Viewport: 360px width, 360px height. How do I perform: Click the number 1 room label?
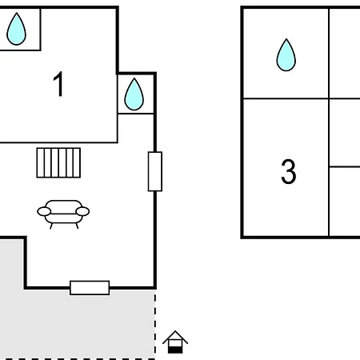(58, 84)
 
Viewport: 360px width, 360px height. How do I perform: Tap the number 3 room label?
(289, 171)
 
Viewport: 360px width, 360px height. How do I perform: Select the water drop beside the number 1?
(134, 94)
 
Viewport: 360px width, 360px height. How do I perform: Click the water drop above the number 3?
(286, 55)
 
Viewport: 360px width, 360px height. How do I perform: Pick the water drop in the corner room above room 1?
(16, 29)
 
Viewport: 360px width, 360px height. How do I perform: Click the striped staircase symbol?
(58, 162)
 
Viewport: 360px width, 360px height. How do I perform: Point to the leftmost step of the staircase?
(41, 162)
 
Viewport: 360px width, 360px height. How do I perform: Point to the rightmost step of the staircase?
(77, 162)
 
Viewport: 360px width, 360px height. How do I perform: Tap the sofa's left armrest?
(44, 212)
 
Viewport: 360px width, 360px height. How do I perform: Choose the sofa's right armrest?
(82, 211)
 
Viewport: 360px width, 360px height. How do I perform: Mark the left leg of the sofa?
(51, 226)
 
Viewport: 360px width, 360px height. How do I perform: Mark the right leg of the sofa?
(77, 226)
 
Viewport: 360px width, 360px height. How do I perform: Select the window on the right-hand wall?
(155, 171)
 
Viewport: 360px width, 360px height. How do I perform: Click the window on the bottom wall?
(90, 288)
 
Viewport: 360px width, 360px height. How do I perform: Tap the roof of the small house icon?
(175, 337)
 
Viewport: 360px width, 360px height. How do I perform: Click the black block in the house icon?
(175, 350)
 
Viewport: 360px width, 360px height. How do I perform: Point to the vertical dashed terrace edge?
(155, 325)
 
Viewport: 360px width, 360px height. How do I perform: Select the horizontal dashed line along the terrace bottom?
(78, 359)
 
